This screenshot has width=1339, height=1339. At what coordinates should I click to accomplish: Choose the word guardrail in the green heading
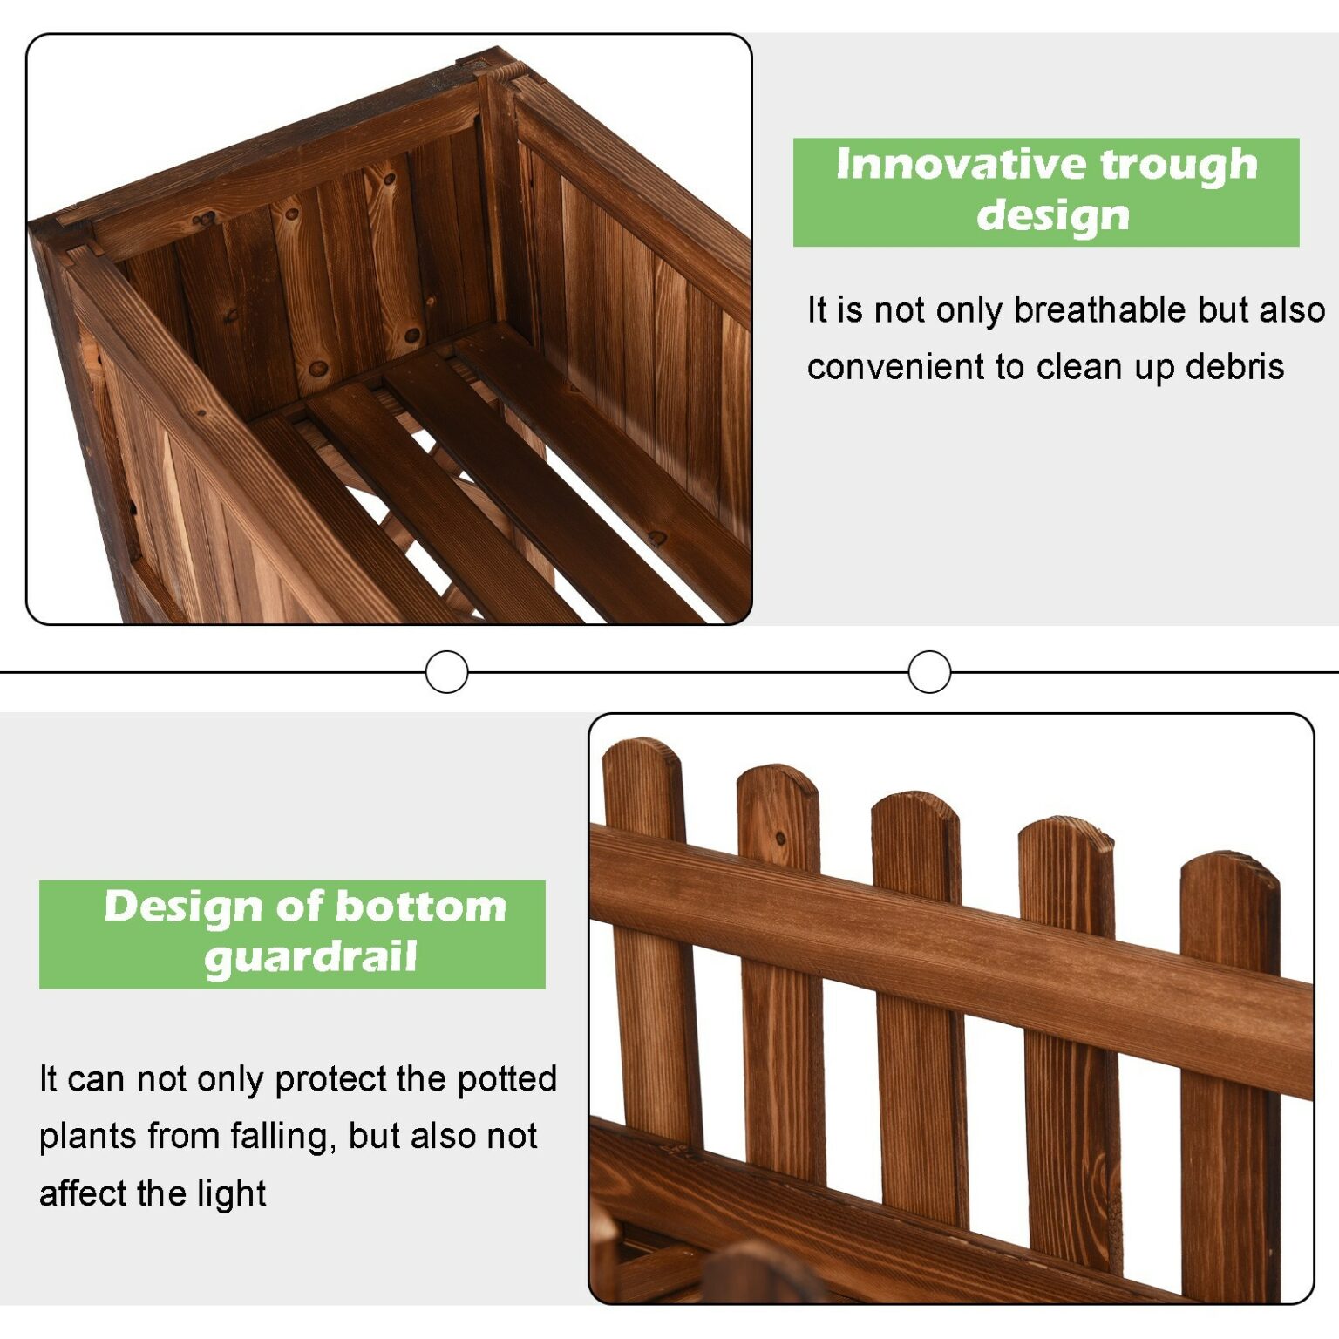pos(311,958)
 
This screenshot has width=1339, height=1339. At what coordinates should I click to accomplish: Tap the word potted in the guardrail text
pos(507,1079)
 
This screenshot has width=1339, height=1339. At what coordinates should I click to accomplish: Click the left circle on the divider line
pos(446,672)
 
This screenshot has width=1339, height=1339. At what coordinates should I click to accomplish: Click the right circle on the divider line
pos(929,672)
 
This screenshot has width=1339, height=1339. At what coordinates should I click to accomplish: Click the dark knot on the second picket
pos(780,839)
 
